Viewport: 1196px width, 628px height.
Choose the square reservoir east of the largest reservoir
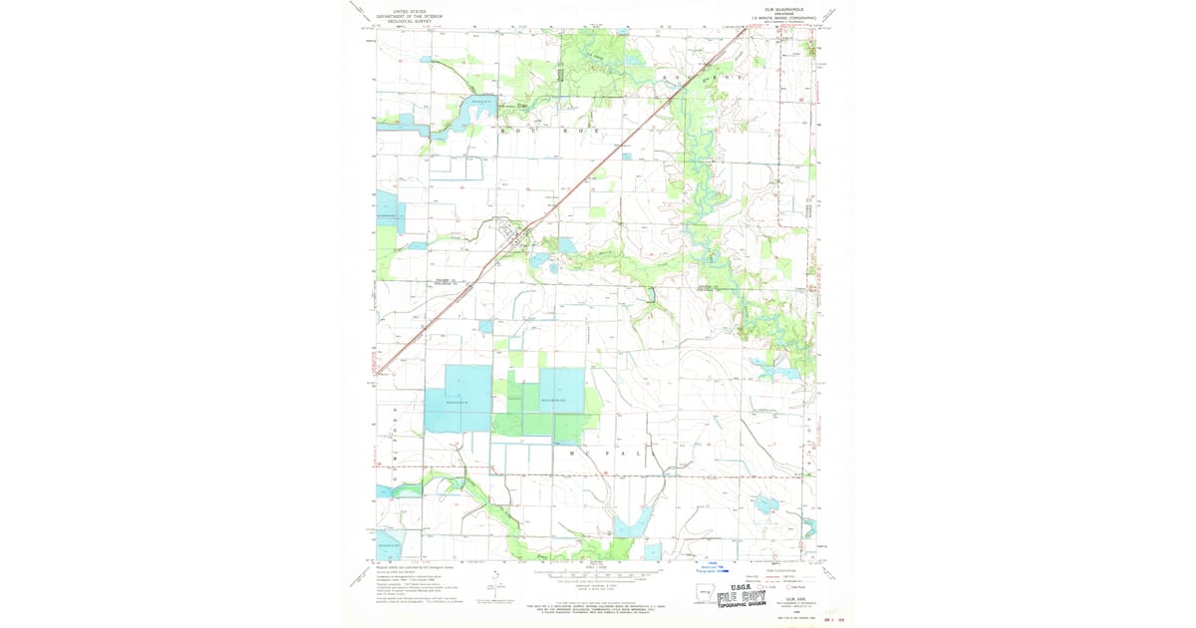point(561,391)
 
